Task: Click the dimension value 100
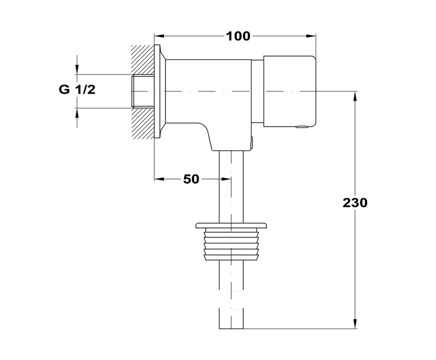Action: coord(239,36)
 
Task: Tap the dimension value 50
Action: coord(191,179)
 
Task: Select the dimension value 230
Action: coord(355,203)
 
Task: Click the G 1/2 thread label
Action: coord(77,90)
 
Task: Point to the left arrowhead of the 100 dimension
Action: coord(158,36)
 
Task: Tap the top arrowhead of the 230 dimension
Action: coord(355,95)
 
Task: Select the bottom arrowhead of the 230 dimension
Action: coord(355,324)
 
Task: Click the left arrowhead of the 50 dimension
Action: coord(158,179)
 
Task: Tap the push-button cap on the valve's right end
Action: coord(289,91)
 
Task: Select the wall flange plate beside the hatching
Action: coord(157,91)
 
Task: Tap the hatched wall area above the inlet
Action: coord(142,59)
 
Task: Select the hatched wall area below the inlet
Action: coord(142,123)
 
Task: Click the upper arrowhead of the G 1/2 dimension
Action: coord(77,70)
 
